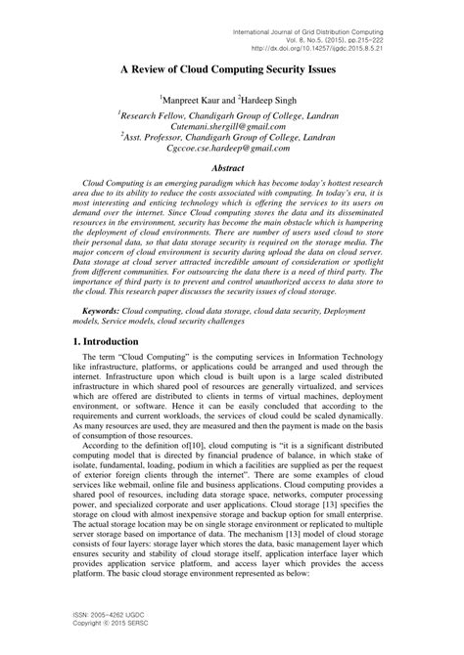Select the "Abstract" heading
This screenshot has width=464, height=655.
(x=232, y=167)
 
